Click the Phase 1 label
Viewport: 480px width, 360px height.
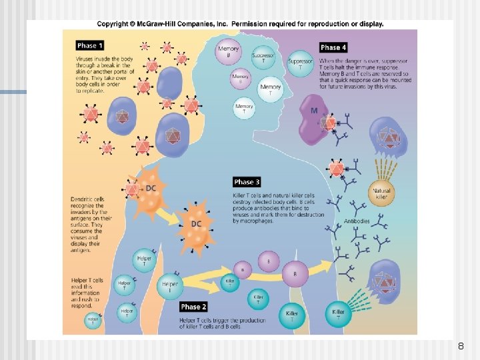coord(90,46)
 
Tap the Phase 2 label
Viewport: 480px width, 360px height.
coord(193,307)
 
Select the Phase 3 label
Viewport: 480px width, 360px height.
coord(247,182)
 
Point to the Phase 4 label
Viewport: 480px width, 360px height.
coord(333,47)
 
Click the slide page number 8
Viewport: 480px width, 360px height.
coord(461,347)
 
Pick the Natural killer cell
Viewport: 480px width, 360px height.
coord(381,193)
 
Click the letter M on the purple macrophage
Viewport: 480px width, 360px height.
coord(314,110)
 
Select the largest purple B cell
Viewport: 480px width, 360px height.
coord(295,272)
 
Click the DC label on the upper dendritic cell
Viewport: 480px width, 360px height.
coord(151,189)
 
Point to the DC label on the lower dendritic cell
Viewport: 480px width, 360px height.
coord(196,224)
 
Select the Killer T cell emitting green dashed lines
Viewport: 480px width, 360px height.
coord(339,313)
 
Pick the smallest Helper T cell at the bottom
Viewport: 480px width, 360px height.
coord(93,321)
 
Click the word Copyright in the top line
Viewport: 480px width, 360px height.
coord(111,24)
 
